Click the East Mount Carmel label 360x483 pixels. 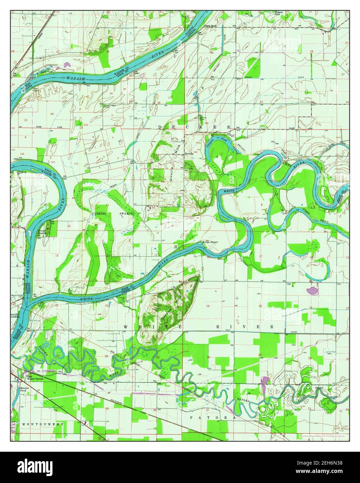tap(35, 378)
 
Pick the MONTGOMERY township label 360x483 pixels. tap(42, 424)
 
